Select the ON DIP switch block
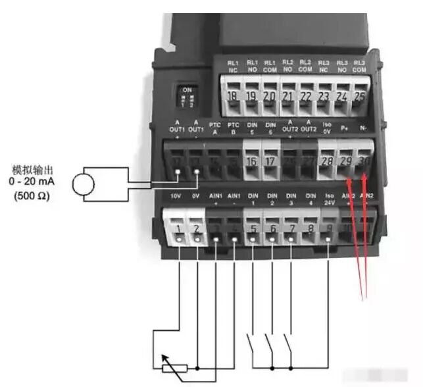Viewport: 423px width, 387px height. [x=187, y=97]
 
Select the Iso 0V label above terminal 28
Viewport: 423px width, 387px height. [x=328, y=128]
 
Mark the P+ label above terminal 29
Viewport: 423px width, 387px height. [x=345, y=130]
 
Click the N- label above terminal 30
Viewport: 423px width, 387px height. [x=364, y=130]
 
